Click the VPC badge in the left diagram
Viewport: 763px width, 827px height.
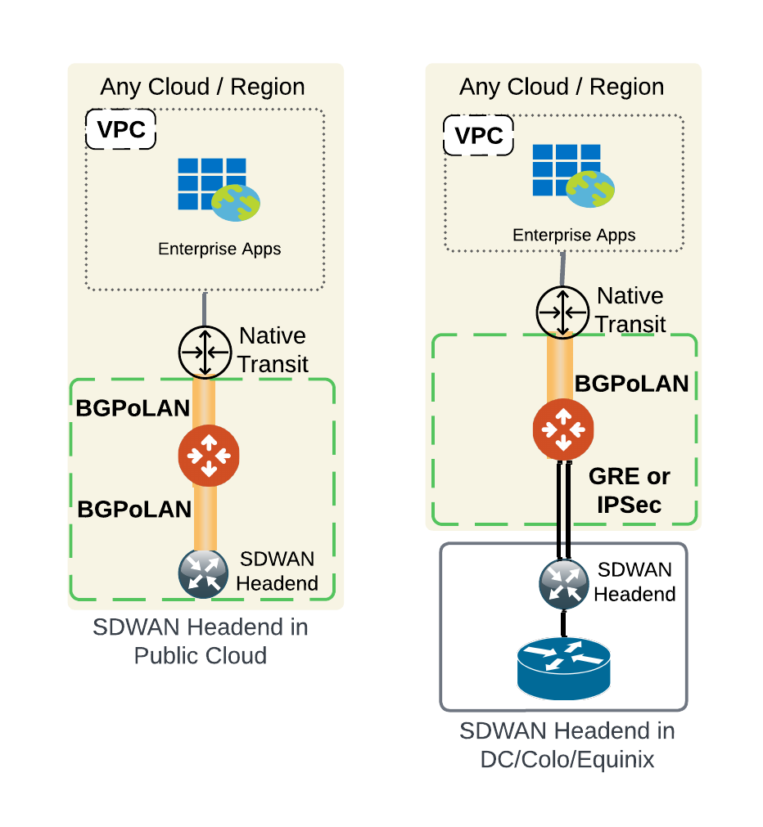121,131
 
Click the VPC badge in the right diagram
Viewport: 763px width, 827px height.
478,135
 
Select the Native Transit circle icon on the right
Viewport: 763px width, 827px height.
562,312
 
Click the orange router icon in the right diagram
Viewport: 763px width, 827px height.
563,429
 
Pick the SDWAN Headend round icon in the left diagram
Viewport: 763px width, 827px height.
203,573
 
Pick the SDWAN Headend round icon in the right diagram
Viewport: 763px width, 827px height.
564,583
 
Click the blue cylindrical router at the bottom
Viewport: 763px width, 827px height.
563,666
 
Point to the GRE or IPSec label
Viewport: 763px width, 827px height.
629,490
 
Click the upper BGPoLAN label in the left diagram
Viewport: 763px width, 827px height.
133,409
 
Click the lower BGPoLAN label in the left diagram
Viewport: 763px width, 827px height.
134,509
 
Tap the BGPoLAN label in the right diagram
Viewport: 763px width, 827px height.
631,384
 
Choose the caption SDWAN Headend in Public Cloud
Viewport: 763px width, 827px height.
201,641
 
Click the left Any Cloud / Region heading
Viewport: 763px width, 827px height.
202,87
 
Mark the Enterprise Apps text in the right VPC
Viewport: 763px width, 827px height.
574,236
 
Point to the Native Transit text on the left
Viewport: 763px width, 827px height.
273,350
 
